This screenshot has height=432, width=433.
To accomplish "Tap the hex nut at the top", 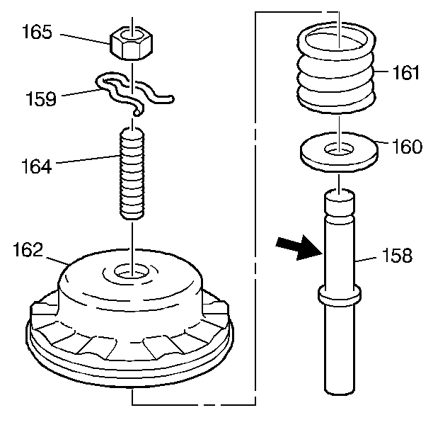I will click(x=132, y=45).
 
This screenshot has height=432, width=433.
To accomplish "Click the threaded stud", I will click(x=132, y=172).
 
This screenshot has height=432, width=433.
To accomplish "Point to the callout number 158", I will click(x=397, y=255).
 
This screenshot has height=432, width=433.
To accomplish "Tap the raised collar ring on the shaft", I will click(x=339, y=295).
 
